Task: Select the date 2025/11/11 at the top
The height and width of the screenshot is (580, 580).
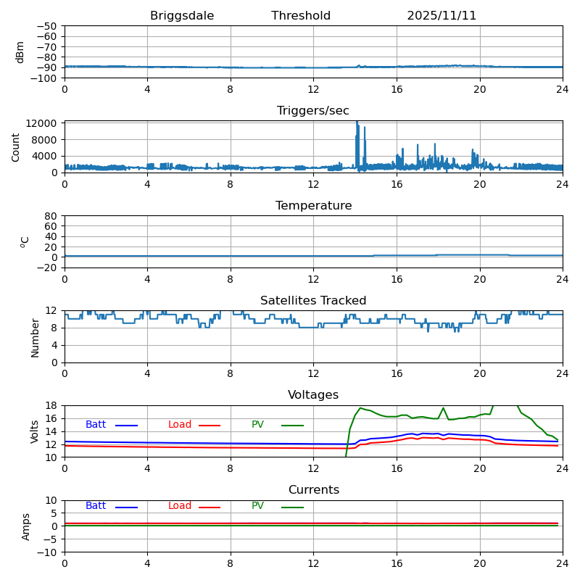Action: (x=442, y=16)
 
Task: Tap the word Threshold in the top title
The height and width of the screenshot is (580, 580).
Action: (x=301, y=16)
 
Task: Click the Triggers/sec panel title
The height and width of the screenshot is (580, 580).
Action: (x=313, y=111)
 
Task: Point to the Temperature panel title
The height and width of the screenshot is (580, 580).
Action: (x=313, y=206)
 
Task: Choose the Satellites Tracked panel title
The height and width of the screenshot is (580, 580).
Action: (x=313, y=301)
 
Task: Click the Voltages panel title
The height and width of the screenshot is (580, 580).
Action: (x=313, y=395)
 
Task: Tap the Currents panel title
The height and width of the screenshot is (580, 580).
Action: (x=313, y=490)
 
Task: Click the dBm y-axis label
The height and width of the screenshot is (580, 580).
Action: (x=20, y=51)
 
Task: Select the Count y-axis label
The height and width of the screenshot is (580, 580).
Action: (x=17, y=146)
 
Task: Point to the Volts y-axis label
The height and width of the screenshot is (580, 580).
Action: (x=35, y=431)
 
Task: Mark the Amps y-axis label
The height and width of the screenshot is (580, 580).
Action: (x=26, y=526)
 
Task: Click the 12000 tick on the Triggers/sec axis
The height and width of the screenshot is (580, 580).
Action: (x=43, y=123)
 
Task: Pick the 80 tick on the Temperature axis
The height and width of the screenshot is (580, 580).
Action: (x=51, y=216)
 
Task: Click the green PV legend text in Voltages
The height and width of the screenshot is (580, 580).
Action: (x=257, y=425)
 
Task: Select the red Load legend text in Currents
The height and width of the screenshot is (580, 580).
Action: (x=180, y=506)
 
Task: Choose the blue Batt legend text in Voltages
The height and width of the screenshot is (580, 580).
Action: (x=96, y=425)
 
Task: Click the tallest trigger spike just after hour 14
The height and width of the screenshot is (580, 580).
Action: (x=357, y=123)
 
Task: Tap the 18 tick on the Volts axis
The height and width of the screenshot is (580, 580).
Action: (x=51, y=405)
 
